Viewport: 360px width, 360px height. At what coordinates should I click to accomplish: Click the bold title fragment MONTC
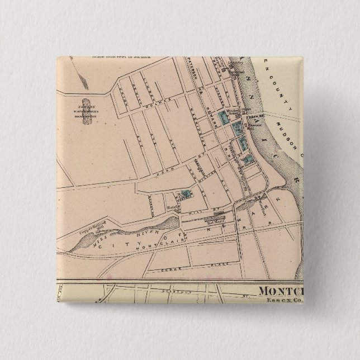click(x=281, y=290)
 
